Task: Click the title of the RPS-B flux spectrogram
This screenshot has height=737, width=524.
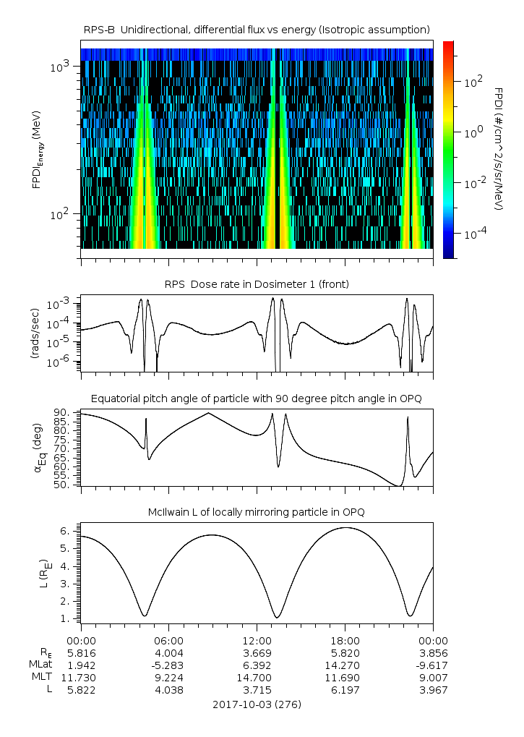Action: click(257, 29)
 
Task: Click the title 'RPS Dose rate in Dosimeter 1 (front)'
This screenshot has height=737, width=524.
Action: click(257, 284)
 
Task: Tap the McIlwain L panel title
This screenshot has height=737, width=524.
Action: click(257, 512)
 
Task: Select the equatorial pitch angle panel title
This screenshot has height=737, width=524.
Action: click(257, 399)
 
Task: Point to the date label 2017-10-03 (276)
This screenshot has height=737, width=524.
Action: click(257, 704)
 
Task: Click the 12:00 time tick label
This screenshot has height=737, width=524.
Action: click(257, 640)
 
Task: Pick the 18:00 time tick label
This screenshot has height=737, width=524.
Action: click(345, 640)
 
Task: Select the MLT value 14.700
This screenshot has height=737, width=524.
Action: click(257, 677)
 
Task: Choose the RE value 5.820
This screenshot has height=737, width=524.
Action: click(345, 652)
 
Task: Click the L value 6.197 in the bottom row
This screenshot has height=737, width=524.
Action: click(345, 690)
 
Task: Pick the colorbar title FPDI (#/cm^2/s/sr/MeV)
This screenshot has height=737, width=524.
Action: click(499, 149)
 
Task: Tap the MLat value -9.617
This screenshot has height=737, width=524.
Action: click(432, 665)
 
